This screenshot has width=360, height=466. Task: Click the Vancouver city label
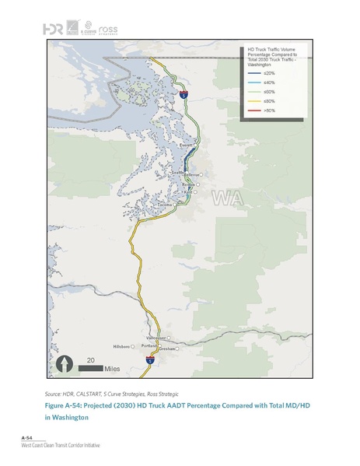pyautogui.click(x=156, y=338)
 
